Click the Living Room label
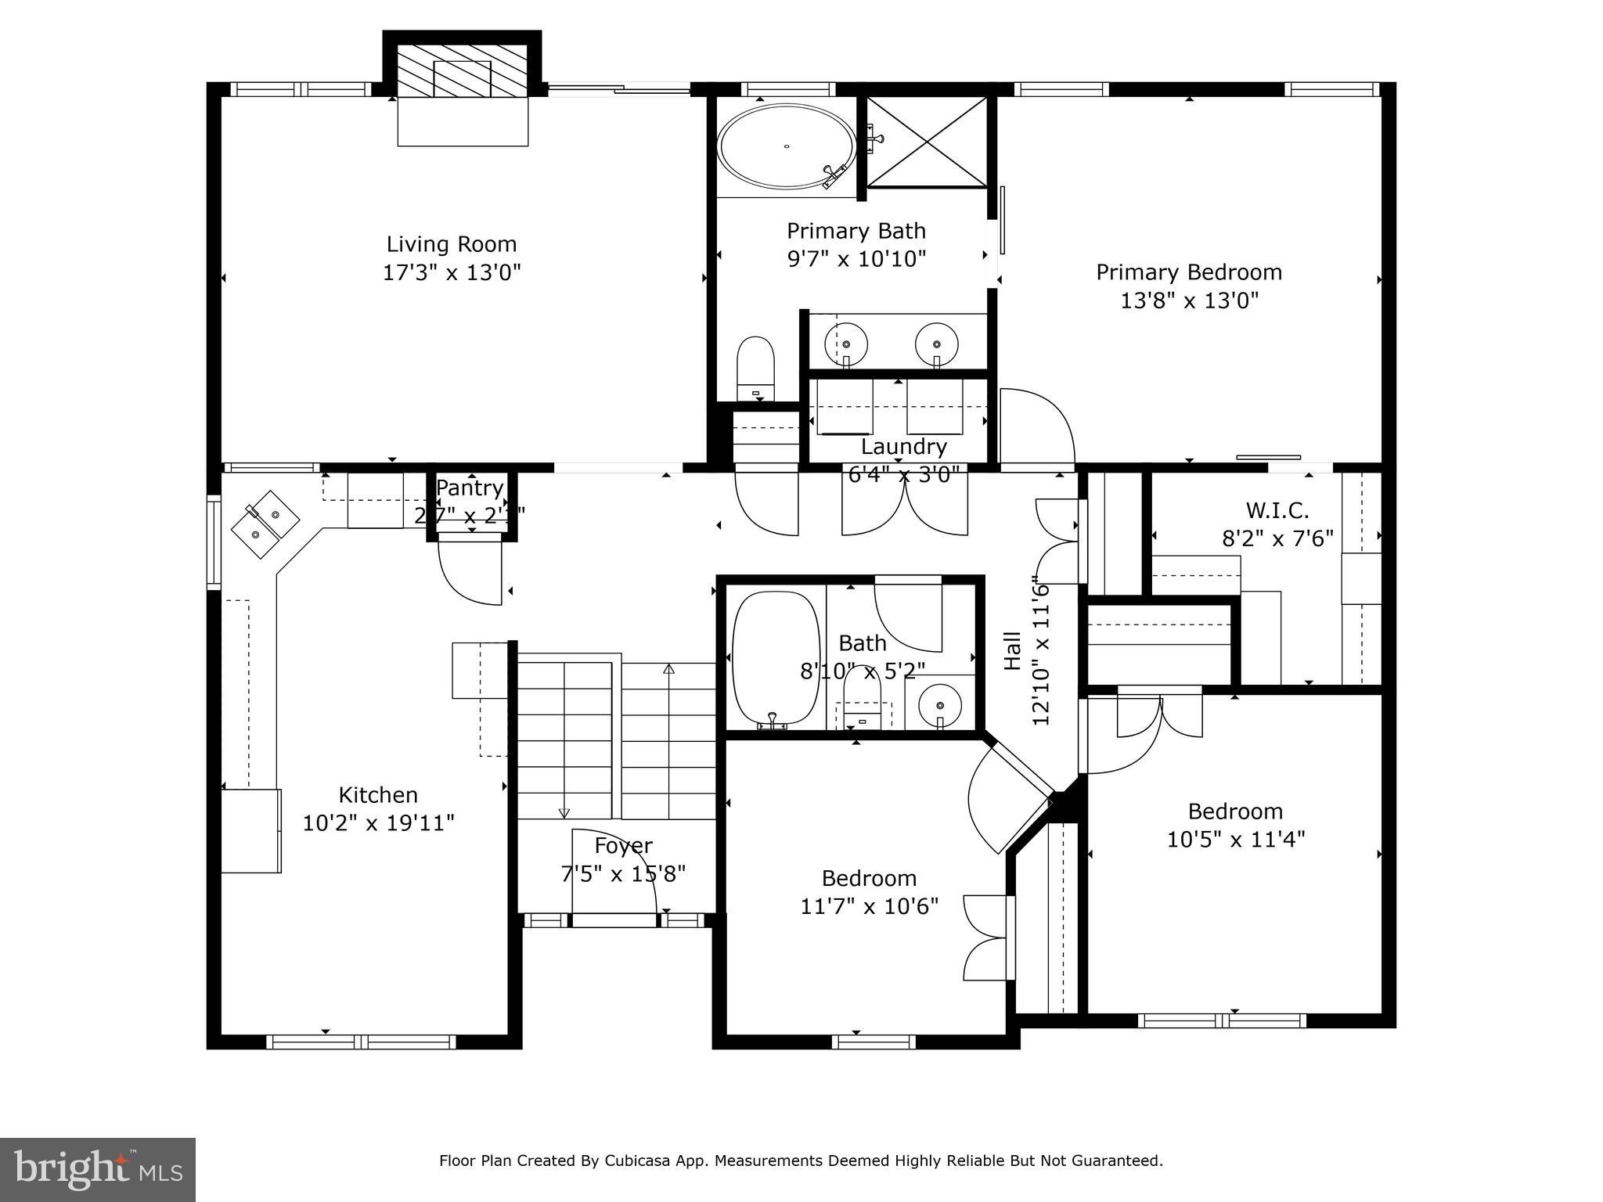click(x=452, y=244)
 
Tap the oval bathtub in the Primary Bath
click(x=786, y=146)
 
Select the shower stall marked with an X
click(x=927, y=142)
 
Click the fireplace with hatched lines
click(x=462, y=70)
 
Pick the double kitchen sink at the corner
click(x=265, y=524)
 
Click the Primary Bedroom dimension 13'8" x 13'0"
click(x=1189, y=300)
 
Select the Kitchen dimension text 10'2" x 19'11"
click(x=378, y=823)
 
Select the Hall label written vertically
click(x=1013, y=650)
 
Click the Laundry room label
click(x=903, y=447)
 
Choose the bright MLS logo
click(x=98, y=1170)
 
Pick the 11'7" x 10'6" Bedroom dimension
click(x=869, y=906)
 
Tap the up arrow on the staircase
click(x=668, y=670)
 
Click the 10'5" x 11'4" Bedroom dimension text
click(x=1235, y=840)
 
